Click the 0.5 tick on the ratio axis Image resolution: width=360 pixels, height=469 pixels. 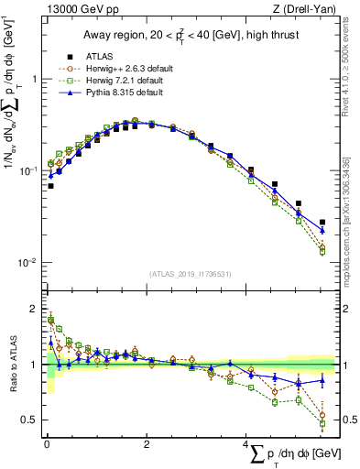click(x=27, y=420)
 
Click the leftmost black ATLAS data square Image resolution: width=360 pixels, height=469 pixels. click(x=50, y=186)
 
